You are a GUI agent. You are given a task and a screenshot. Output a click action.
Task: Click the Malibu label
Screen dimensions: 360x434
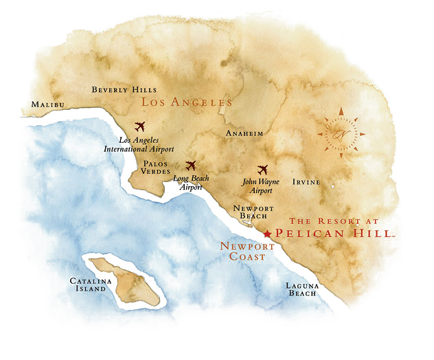[x=47, y=104]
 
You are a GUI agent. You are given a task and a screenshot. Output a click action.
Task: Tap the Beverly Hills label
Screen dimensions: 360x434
[x=124, y=90]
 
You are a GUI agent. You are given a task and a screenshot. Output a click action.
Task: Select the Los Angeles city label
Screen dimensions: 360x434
[x=187, y=102]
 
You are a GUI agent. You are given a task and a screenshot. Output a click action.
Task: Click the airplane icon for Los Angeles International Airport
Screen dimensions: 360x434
[x=141, y=126]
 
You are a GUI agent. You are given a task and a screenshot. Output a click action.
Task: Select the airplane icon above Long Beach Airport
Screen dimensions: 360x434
[x=191, y=166]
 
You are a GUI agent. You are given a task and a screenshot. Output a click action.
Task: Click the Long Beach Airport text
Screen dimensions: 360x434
[x=191, y=182]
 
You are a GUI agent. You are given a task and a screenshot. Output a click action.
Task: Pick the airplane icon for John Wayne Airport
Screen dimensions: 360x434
[x=262, y=169]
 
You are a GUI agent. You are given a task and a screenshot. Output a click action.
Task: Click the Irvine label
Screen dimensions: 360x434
[x=306, y=183]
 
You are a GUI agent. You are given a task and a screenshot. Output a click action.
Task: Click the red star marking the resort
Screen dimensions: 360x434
[x=267, y=234]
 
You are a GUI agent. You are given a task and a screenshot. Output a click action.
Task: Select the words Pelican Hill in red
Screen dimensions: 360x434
[x=335, y=234]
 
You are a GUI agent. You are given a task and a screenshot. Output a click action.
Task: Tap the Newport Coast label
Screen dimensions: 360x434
[x=247, y=251]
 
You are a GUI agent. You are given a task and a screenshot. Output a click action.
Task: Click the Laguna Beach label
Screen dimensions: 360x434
[x=302, y=289]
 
